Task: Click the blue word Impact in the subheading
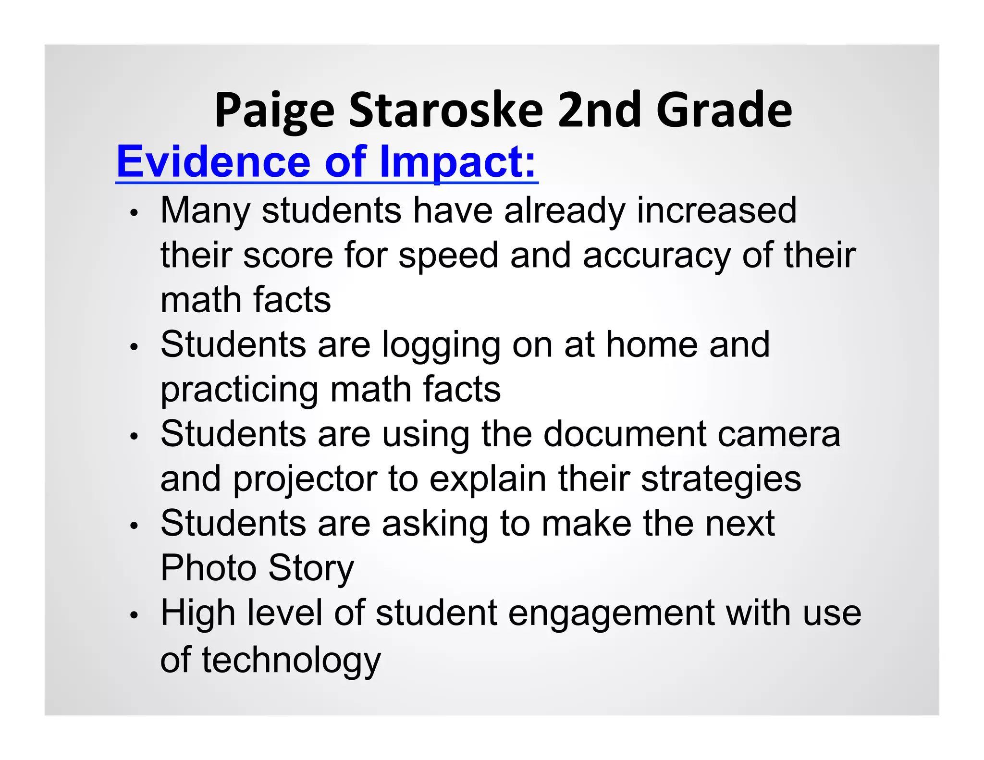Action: (457, 162)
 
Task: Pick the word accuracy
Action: (656, 256)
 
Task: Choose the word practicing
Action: (239, 390)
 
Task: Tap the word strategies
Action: (721, 479)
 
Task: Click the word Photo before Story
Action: (208, 568)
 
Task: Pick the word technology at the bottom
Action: (291, 660)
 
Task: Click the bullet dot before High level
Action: (134, 614)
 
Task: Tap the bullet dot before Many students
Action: (134, 212)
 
